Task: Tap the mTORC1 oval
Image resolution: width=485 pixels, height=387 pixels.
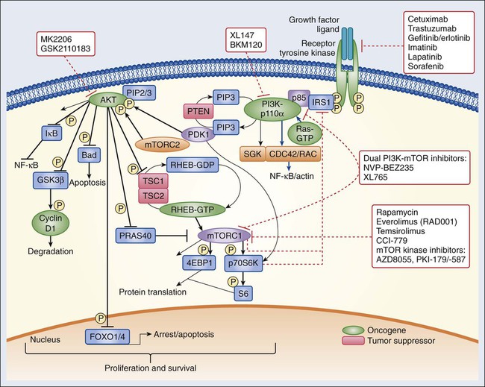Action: [225, 235]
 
